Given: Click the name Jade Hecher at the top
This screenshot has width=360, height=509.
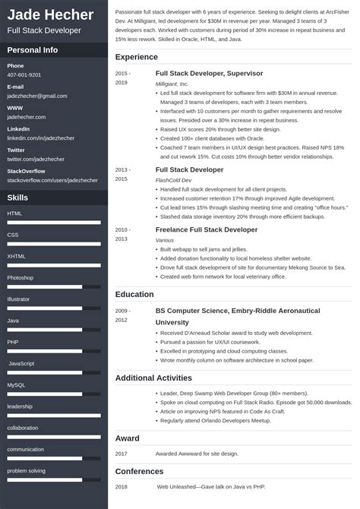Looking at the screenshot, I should [x=50, y=15].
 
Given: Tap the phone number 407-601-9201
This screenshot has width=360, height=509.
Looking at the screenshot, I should [x=24, y=75].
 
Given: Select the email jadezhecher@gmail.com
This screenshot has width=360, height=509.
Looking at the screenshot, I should [x=37, y=96].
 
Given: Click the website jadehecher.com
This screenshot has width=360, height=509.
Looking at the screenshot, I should [x=27, y=117].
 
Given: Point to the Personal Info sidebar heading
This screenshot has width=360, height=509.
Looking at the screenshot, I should [x=33, y=50].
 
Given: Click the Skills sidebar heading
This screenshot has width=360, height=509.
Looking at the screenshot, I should [x=18, y=197].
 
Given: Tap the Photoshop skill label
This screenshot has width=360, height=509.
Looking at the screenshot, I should [x=21, y=278].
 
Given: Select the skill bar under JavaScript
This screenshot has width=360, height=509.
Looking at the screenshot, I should [x=54, y=372].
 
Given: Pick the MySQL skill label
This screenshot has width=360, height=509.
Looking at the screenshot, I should [x=16, y=385].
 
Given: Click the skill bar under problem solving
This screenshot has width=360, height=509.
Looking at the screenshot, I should [x=54, y=501].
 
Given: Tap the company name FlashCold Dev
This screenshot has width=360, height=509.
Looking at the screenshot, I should [x=174, y=180].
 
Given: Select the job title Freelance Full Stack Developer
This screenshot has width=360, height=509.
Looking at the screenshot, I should [x=206, y=229].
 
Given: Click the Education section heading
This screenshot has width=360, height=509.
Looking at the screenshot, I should [x=134, y=294].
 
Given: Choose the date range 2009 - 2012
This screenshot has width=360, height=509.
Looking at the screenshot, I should [x=123, y=315].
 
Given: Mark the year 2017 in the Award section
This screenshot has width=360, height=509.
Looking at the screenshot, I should [x=122, y=453].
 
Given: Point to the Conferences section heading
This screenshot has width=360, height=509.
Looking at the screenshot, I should [x=140, y=471].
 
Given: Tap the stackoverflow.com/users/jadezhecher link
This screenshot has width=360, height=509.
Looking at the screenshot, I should [x=52, y=180].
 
